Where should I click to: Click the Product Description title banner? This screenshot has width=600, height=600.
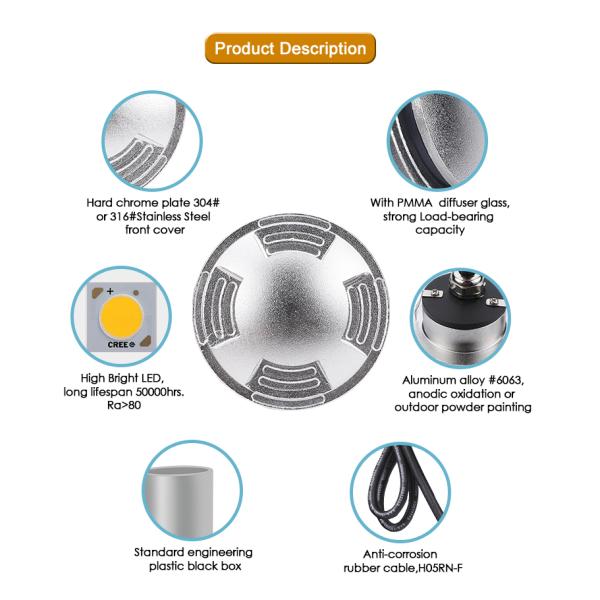coord(290,49)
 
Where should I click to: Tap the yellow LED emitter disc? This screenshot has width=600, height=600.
coord(121,316)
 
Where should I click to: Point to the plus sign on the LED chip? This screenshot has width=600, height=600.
coord(110,291)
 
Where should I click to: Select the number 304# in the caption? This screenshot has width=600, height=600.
coord(206,202)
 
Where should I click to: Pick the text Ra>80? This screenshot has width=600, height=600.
coord(124,405)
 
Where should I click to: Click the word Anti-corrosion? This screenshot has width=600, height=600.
coord(400,554)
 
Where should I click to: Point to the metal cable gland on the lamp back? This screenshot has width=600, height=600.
coord(461,284)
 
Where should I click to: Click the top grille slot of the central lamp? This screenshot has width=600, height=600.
coord(293,235)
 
